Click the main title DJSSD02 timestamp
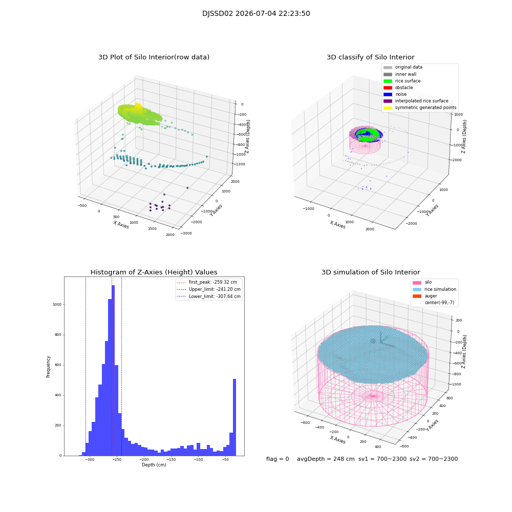[x=256, y=13]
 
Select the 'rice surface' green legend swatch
[x=388, y=81]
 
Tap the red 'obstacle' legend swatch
[x=388, y=88]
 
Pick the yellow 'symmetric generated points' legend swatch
[x=388, y=108]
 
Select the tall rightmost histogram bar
[x=234, y=417]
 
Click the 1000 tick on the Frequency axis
[x=57, y=304]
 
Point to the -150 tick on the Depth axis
[x=171, y=459]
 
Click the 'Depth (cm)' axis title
[x=154, y=465]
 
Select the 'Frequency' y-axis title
[x=48, y=367]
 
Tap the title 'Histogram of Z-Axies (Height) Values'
[x=154, y=272]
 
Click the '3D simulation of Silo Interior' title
[x=371, y=272]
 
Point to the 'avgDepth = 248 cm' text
[x=326, y=459]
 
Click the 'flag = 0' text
[x=278, y=459]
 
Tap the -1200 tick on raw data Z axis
[x=240, y=164]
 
